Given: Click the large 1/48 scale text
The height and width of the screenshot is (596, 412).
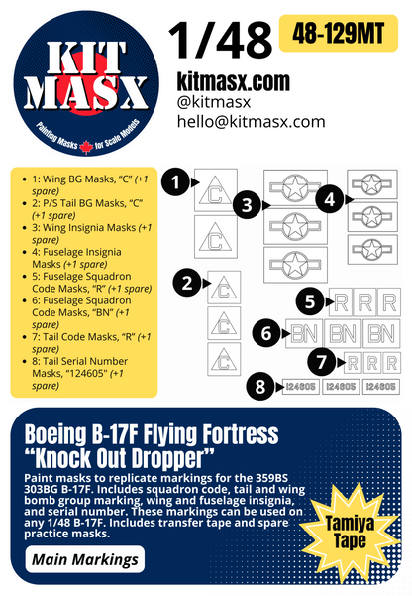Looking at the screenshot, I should [219, 39].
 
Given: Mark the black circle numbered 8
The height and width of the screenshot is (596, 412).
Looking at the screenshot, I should [259, 387].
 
